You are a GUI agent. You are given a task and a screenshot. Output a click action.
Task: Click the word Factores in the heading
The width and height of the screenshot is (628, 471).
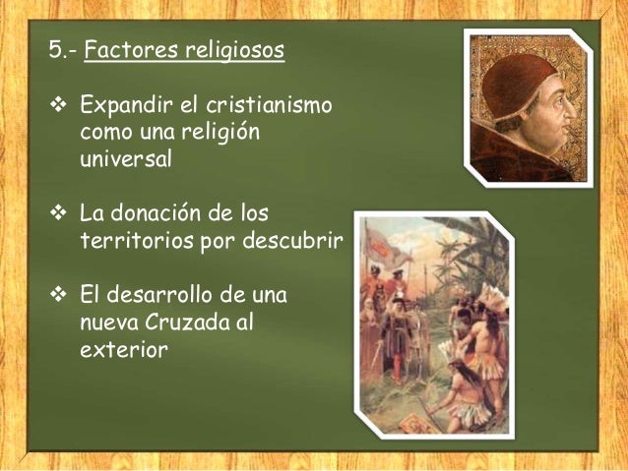click(123, 50)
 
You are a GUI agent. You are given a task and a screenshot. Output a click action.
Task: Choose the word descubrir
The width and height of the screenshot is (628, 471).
click(291, 241)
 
